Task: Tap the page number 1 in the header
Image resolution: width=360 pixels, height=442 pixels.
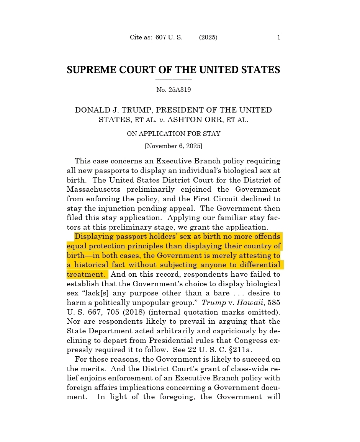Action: click(x=278, y=37)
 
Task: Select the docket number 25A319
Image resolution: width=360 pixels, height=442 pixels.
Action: click(x=180, y=90)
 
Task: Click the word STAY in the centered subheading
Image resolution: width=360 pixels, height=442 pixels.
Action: click(x=213, y=134)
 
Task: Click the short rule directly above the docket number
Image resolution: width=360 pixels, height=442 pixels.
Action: click(x=173, y=80)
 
